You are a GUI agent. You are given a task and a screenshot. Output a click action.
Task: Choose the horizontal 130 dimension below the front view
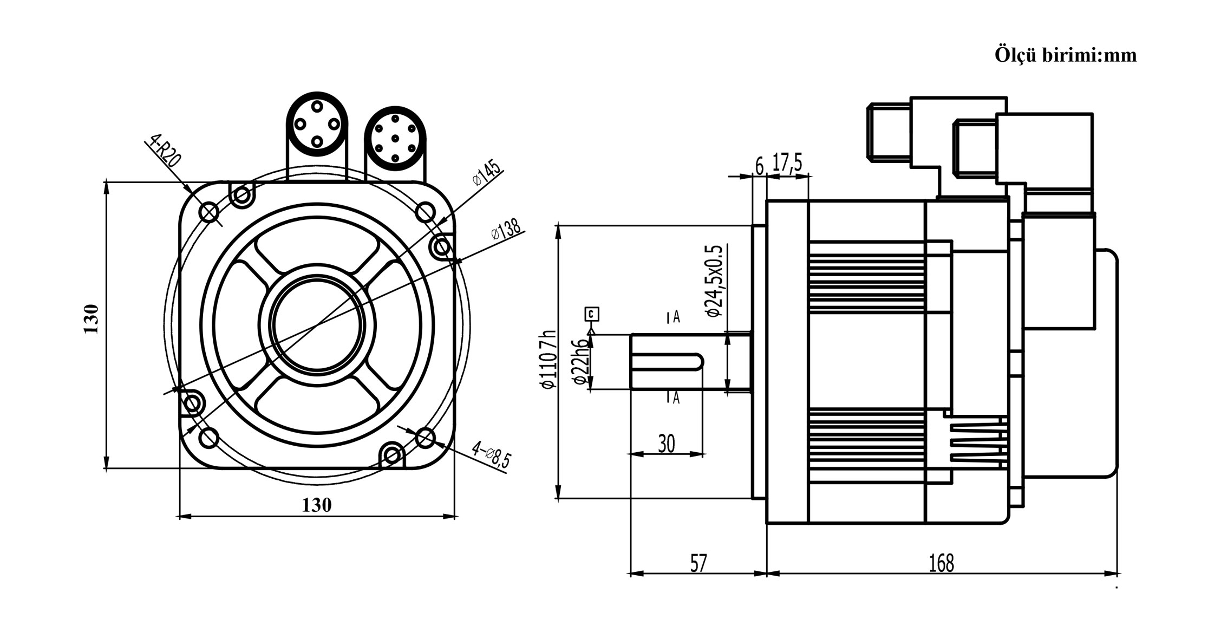(316, 505)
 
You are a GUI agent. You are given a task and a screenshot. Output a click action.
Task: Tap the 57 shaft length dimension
(698, 563)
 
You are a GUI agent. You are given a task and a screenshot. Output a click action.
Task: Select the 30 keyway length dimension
(667, 444)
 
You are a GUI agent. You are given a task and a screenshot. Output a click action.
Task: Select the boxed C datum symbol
(592, 314)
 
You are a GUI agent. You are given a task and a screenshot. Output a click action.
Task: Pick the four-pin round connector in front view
(317, 124)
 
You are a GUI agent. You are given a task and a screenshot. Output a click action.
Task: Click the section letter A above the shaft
(676, 317)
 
